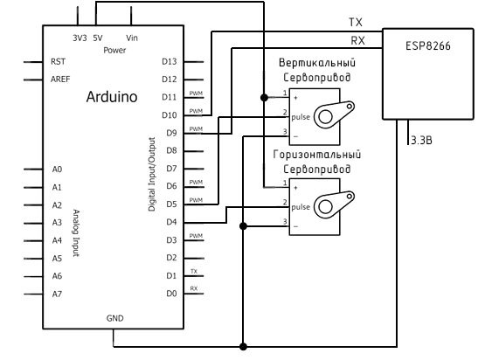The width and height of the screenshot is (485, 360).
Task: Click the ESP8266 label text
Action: point(428,46)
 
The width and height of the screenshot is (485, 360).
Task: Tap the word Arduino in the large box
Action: point(112,97)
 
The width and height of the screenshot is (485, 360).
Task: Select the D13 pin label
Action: point(170,61)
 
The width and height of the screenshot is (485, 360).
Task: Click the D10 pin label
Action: point(170,115)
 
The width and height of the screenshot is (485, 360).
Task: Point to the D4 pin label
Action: point(171,222)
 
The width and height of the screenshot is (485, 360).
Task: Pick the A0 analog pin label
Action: point(57,170)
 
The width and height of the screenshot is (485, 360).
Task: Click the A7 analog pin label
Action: point(57,294)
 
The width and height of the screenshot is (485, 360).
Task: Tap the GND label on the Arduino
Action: point(114,318)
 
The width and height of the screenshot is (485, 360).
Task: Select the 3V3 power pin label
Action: point(80,38)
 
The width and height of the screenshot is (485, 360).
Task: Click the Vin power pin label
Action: point(132,38)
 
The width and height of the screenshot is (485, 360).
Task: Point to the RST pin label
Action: point(58,61)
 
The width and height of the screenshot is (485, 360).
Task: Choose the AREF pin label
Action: point(60,80)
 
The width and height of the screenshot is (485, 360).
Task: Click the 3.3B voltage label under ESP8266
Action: point(421,141)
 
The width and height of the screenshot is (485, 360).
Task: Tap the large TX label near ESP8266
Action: point(356,22)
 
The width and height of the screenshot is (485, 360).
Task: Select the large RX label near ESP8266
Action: point(357,40)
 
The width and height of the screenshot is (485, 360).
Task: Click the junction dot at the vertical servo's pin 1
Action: point(264,98)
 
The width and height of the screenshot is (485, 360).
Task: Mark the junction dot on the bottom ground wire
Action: point(243,346)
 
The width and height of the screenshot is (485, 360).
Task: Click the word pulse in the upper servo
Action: point(301,117)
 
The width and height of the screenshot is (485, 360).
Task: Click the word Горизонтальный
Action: point(317,155)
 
